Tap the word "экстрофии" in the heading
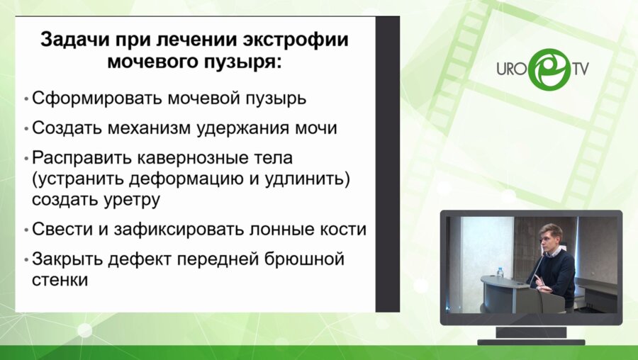point(297,39)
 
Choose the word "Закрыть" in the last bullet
point(67,259)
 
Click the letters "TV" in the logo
point(581,69)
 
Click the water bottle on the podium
point(500,271)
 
